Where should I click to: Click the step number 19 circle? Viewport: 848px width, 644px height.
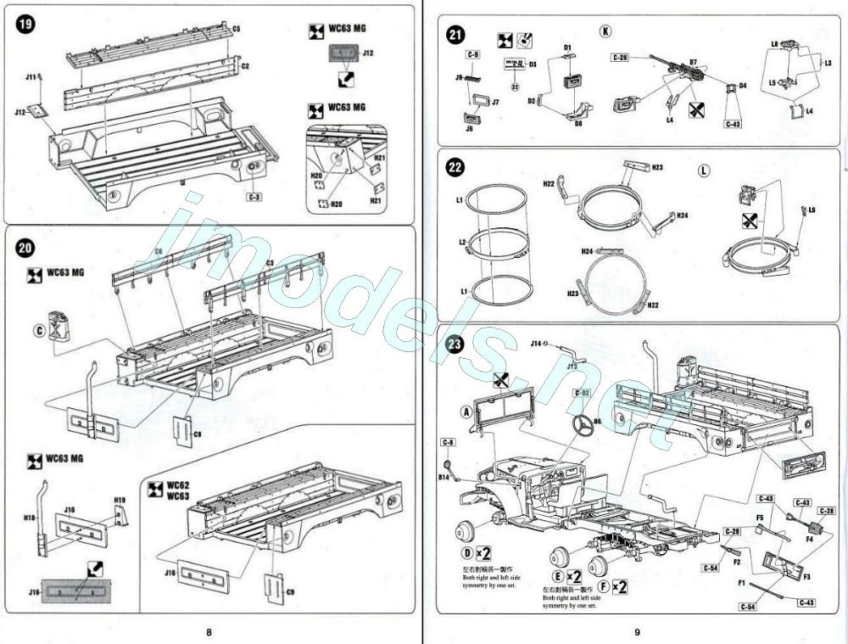pyautogui.click(x=25, y=24)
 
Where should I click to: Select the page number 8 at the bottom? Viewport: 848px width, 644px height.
pyautogui.click(x=209, y=631)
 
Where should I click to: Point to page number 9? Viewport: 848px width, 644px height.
pyautogui.click(x=637, y=631)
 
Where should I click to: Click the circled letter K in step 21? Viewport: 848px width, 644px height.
pyautogui.click(x=605, y=31)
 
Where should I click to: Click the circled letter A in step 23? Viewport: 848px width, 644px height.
pyautogui.click(x=465, y=411)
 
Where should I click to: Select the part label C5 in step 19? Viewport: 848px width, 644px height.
pyautogui.click(x=236, y=29)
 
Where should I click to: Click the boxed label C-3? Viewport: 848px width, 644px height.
pyautogui.click(x=253, y=197)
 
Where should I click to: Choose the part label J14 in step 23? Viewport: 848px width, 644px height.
pyautogui.click(x=536, y=344)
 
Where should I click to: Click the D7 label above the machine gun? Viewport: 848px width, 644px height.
pyautogui.click(x=693, y=62)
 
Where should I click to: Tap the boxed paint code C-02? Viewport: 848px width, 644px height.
pyautogui.click(x=582, y=393)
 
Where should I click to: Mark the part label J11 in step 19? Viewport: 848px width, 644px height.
pyautogui.click(x=31, y=77)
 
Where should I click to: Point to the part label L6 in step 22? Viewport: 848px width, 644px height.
pyautogui.click(x=812, y=210)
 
